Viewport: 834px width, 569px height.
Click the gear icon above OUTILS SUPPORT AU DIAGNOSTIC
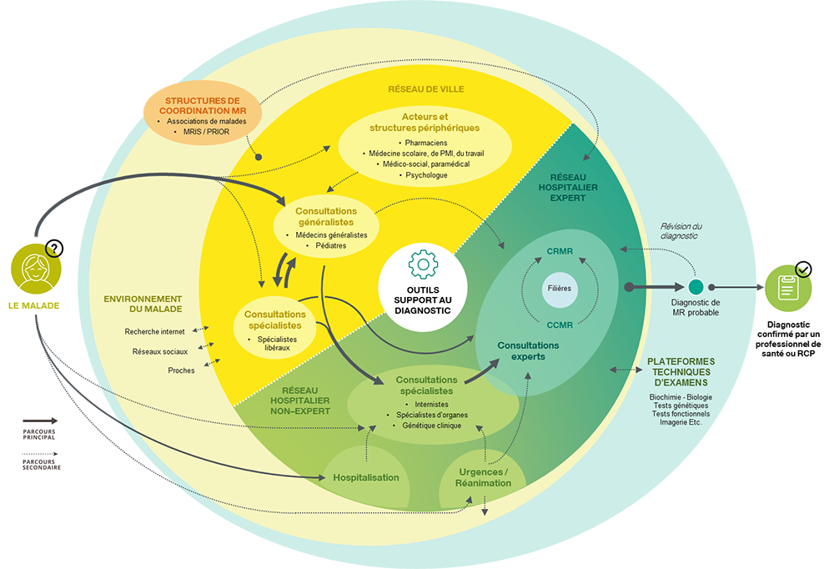pos(423,263)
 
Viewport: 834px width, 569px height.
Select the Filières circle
pos(560,288)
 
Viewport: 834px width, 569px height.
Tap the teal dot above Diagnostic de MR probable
pos(696,287)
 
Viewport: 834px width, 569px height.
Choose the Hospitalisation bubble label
pos(366,477)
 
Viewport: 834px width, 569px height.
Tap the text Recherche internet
pos(154,331)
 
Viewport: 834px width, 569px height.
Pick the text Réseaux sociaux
pos(161,351)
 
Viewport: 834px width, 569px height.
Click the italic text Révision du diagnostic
pos(681,231)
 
